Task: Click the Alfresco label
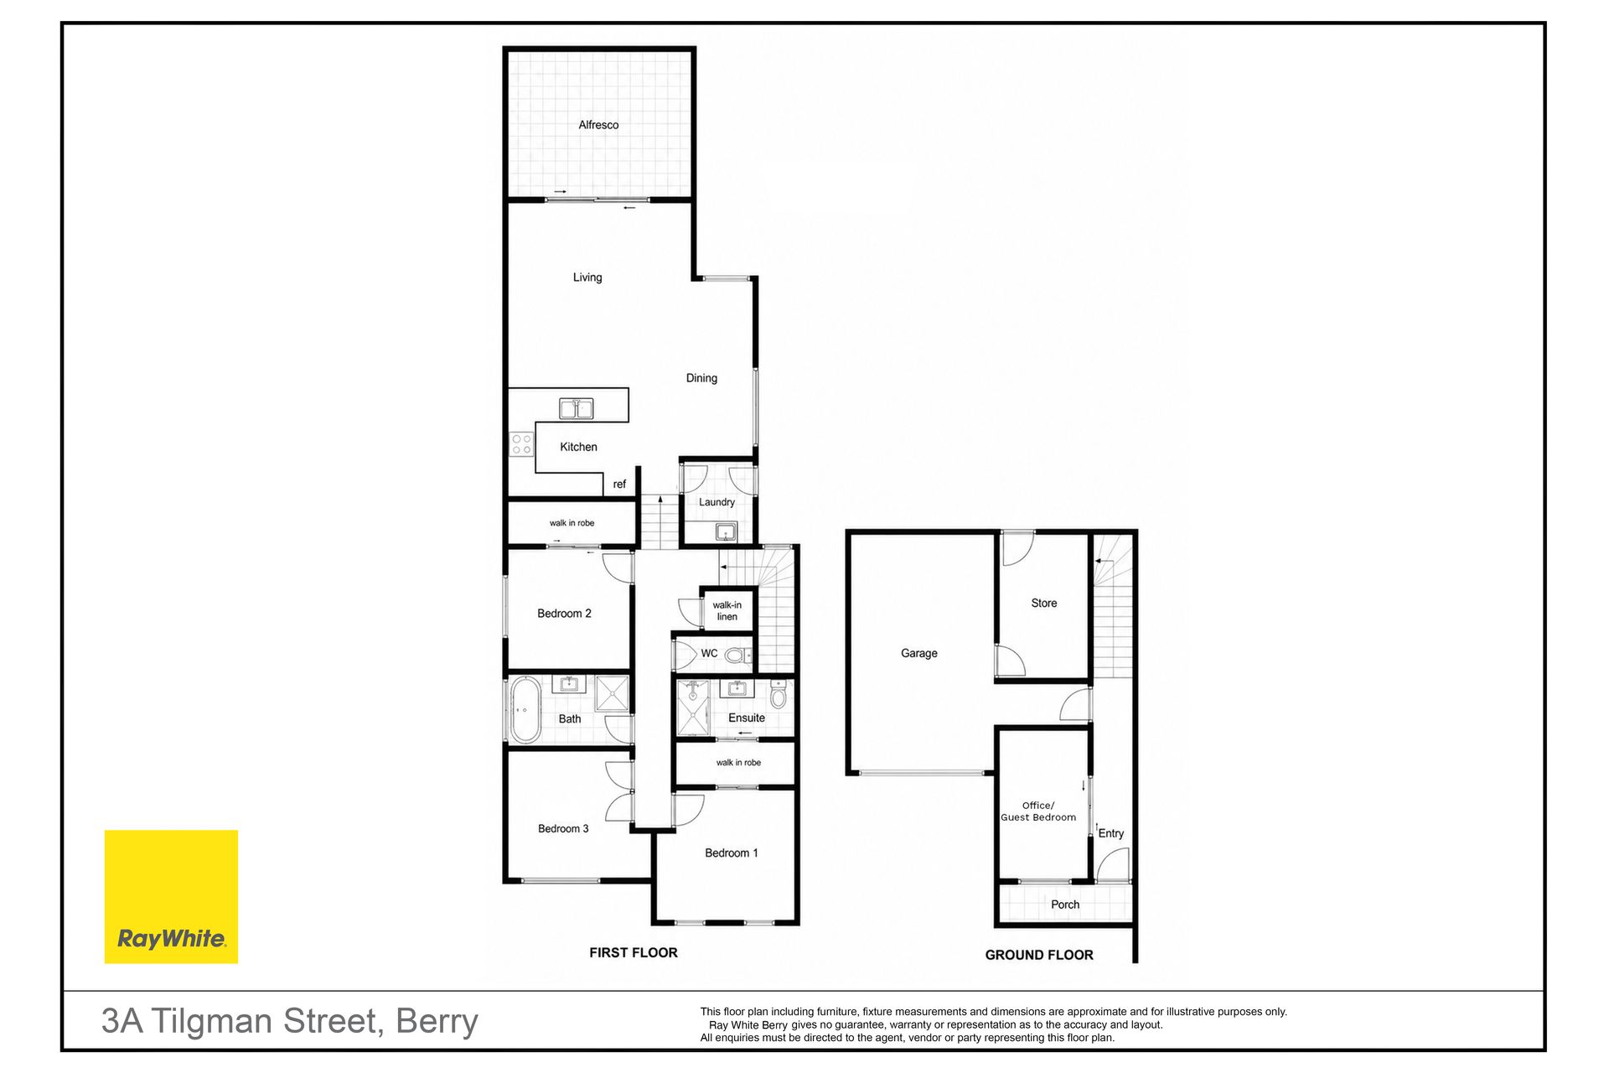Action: (598, 125)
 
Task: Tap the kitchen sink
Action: (577, 408)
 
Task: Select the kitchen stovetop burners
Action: (521, 443)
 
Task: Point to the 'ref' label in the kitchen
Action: (619, 485)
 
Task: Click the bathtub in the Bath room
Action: (525, 711)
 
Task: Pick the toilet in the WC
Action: (737, 655)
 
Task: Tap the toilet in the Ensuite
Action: (779, 695)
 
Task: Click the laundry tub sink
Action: (726, 531)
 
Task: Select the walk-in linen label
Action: (727, 610)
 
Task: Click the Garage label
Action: (919, 653)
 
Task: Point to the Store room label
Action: (1044, 603)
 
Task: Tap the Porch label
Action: (1065, 905)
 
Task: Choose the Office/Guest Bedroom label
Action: (1038, 811)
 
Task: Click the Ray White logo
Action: (171, 896)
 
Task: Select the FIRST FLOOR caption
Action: (634, 952)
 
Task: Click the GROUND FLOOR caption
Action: (1039, 955)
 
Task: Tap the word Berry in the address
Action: (437, 1022)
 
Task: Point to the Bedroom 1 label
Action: (732, 853)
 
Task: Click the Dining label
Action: (701, 378)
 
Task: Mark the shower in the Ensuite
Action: (693, 707)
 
